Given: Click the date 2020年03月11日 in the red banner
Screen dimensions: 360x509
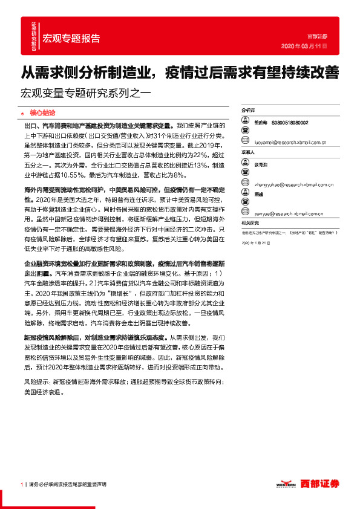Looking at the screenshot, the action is pyautogui.click(x=305, y=46).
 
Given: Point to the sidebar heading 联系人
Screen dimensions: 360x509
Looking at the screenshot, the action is pyautogui.click(x=248, y=153).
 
